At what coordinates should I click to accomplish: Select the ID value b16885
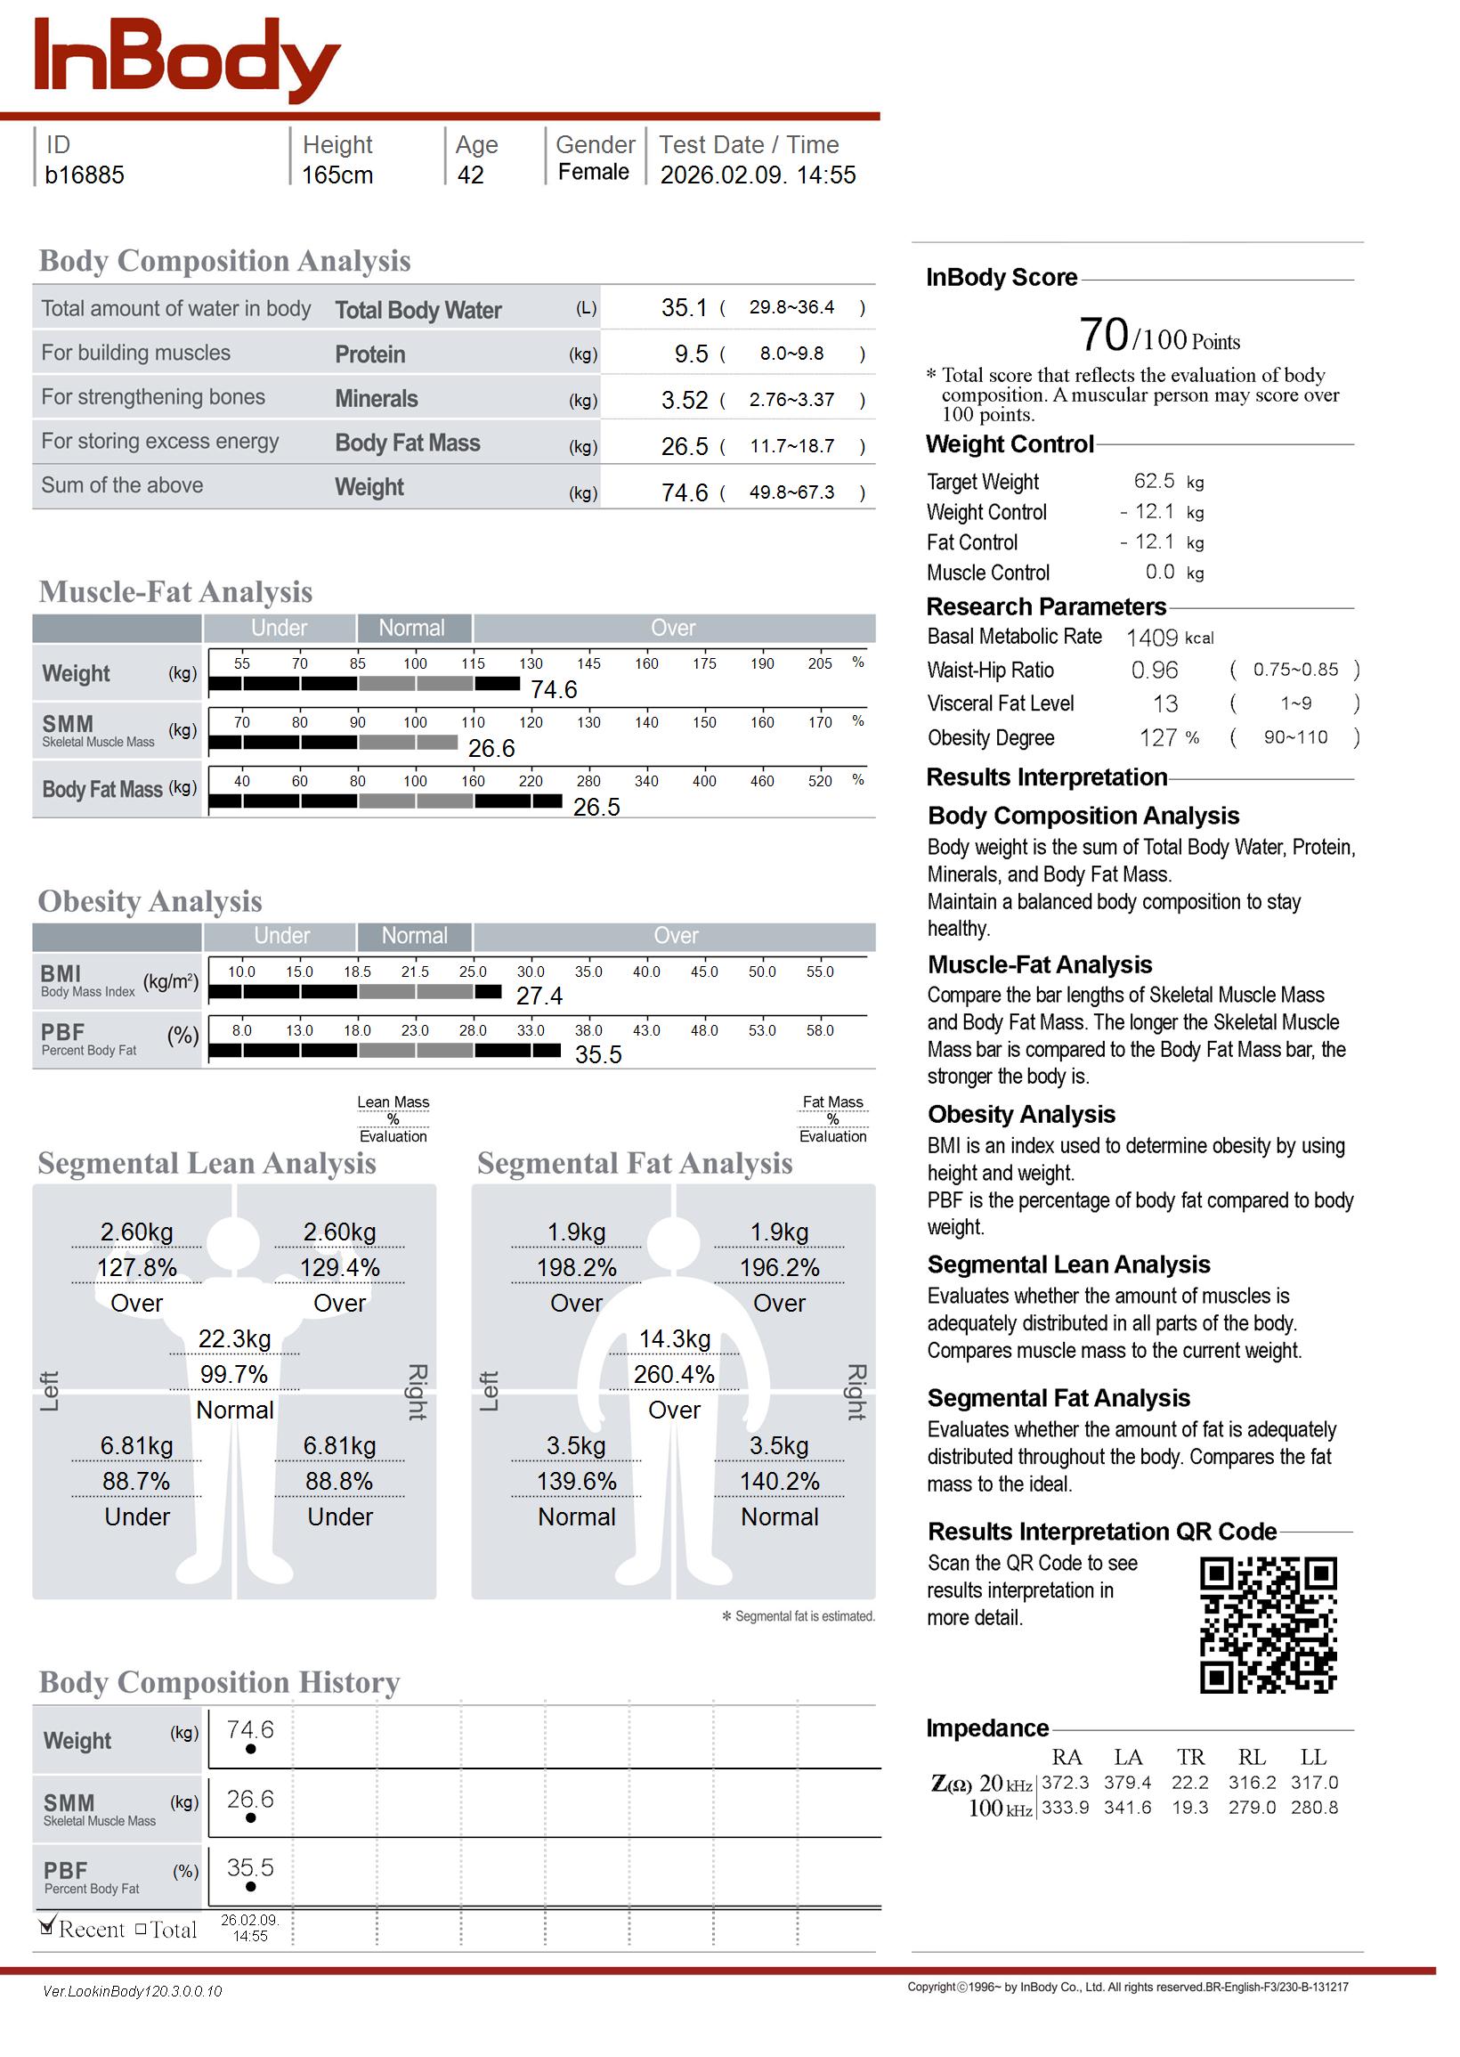[x=85, y=175]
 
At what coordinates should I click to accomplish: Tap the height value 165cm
[x=337, y=175]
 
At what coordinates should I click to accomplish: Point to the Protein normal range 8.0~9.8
[x=791, y=354]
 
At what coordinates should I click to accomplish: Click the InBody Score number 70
[x=1103, y=336]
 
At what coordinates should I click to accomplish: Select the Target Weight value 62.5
[x=1154, y=481]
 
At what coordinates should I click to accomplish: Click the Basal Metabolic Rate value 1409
[x=1152, y=638]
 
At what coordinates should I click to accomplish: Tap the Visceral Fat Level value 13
[x=1165, y=704]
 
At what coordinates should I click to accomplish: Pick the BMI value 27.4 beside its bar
[x=539, y=996]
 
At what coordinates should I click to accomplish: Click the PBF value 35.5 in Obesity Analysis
[x=598, y=1054]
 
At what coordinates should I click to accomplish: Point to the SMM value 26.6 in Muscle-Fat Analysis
[x=491, y=748]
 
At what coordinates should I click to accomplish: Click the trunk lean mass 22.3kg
[x=235, y=1338]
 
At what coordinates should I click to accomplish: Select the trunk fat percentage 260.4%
[x=674, y=1374]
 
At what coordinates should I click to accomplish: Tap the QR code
[x=1268, y=1624]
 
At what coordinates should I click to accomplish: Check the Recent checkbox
[x=48, y=1928]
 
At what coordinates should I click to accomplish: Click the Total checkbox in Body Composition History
[x=141, y=1930]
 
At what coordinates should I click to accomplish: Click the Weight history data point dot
[x=251, y=1749]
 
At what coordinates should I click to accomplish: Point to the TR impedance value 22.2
[x=1190, y=1782]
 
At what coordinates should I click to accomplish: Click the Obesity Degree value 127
[x=1158, y=738]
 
